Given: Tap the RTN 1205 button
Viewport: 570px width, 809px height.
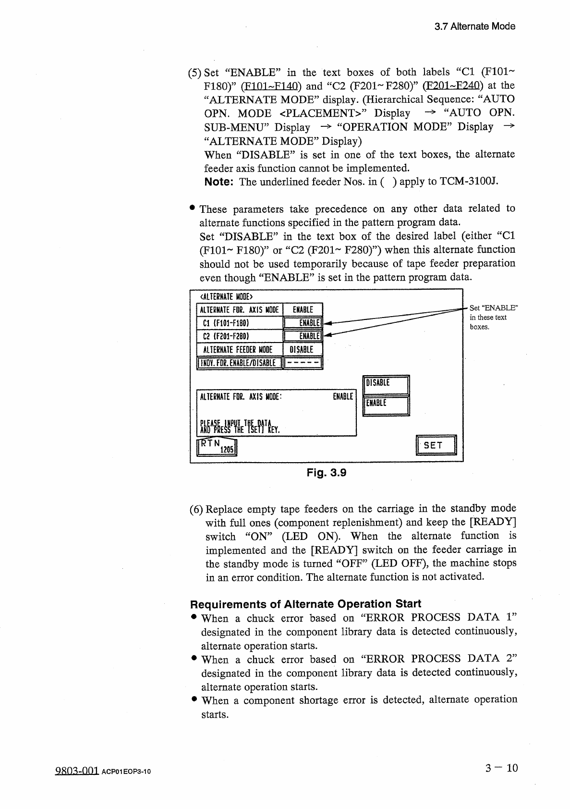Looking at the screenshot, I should point(218,446).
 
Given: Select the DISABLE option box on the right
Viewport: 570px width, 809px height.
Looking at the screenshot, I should point(386,383).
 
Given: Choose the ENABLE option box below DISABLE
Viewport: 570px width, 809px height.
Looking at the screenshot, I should point(386,403).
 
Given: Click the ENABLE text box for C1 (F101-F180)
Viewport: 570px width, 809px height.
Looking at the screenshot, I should point(303,323).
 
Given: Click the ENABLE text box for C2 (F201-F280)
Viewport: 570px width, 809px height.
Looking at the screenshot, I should point(303,336).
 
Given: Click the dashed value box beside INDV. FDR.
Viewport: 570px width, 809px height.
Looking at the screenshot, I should point(303,363).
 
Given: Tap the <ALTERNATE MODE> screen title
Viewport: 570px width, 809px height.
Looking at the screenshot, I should point(226,296).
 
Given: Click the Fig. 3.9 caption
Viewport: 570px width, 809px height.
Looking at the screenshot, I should point(327,473).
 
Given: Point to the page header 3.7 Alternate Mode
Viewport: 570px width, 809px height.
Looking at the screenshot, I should point(474,26).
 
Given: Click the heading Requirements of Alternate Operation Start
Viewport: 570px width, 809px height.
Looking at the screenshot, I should point(305,604).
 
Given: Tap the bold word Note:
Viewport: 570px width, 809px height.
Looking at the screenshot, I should point(219,182).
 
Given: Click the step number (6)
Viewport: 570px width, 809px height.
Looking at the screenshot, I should point(196,509).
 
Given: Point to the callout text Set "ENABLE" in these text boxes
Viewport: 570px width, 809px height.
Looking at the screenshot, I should point(494,317).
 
